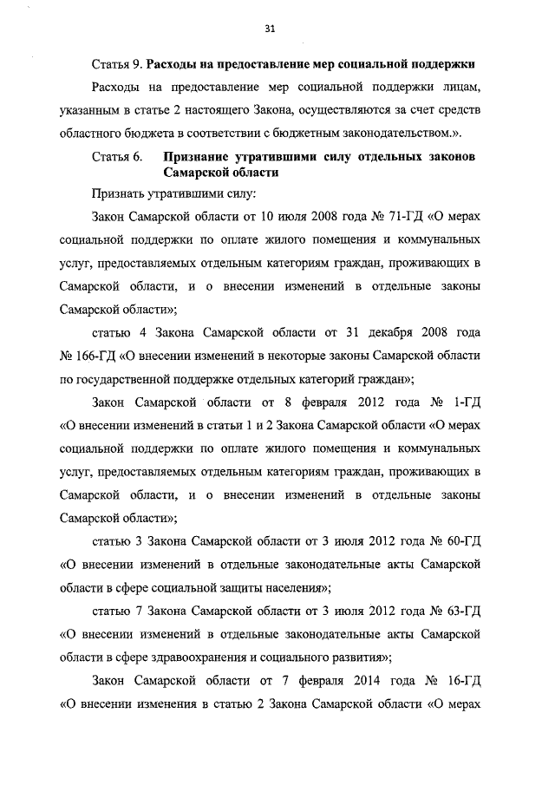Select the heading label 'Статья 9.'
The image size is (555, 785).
coord(117,65)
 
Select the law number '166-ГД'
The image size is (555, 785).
coord(93,355)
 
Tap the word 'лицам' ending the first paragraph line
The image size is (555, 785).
coord(461,88)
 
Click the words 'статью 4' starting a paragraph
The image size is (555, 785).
coord(116,332)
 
